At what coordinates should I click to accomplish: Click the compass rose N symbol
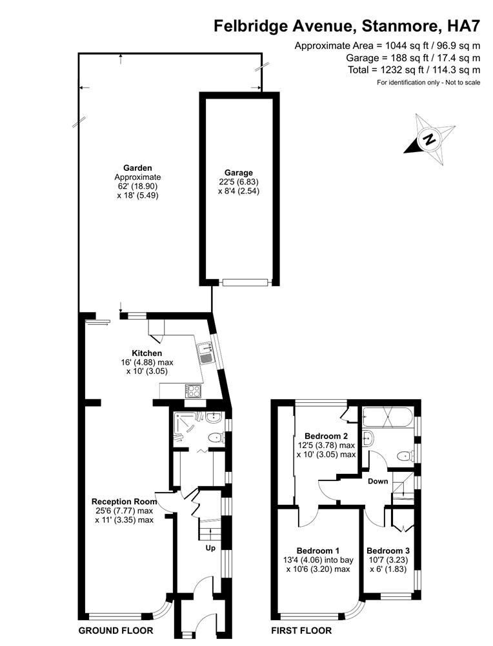point(430,139)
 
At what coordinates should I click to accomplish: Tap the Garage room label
point(239,173)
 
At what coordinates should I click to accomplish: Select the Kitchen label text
point(146,353)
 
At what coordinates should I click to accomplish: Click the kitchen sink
point(205,354)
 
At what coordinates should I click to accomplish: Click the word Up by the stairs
point(210,548)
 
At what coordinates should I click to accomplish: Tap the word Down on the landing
point(378,481)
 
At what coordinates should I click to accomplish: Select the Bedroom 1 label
point(318,551)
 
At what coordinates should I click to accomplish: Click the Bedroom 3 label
point(388,551)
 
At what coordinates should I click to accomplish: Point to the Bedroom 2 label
point(326,436)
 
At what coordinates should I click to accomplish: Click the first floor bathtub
point(387,418)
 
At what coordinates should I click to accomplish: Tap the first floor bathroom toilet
point(405,456)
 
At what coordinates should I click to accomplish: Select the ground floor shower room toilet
point(216,438)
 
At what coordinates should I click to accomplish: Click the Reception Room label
point(124,502)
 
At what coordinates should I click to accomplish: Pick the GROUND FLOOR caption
point(116,631)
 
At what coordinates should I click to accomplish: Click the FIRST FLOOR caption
point(301,631)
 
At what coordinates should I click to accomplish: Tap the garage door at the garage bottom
point(245,282)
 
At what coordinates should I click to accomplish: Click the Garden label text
point(137,168)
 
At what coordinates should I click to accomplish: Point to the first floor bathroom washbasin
point(368,438)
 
